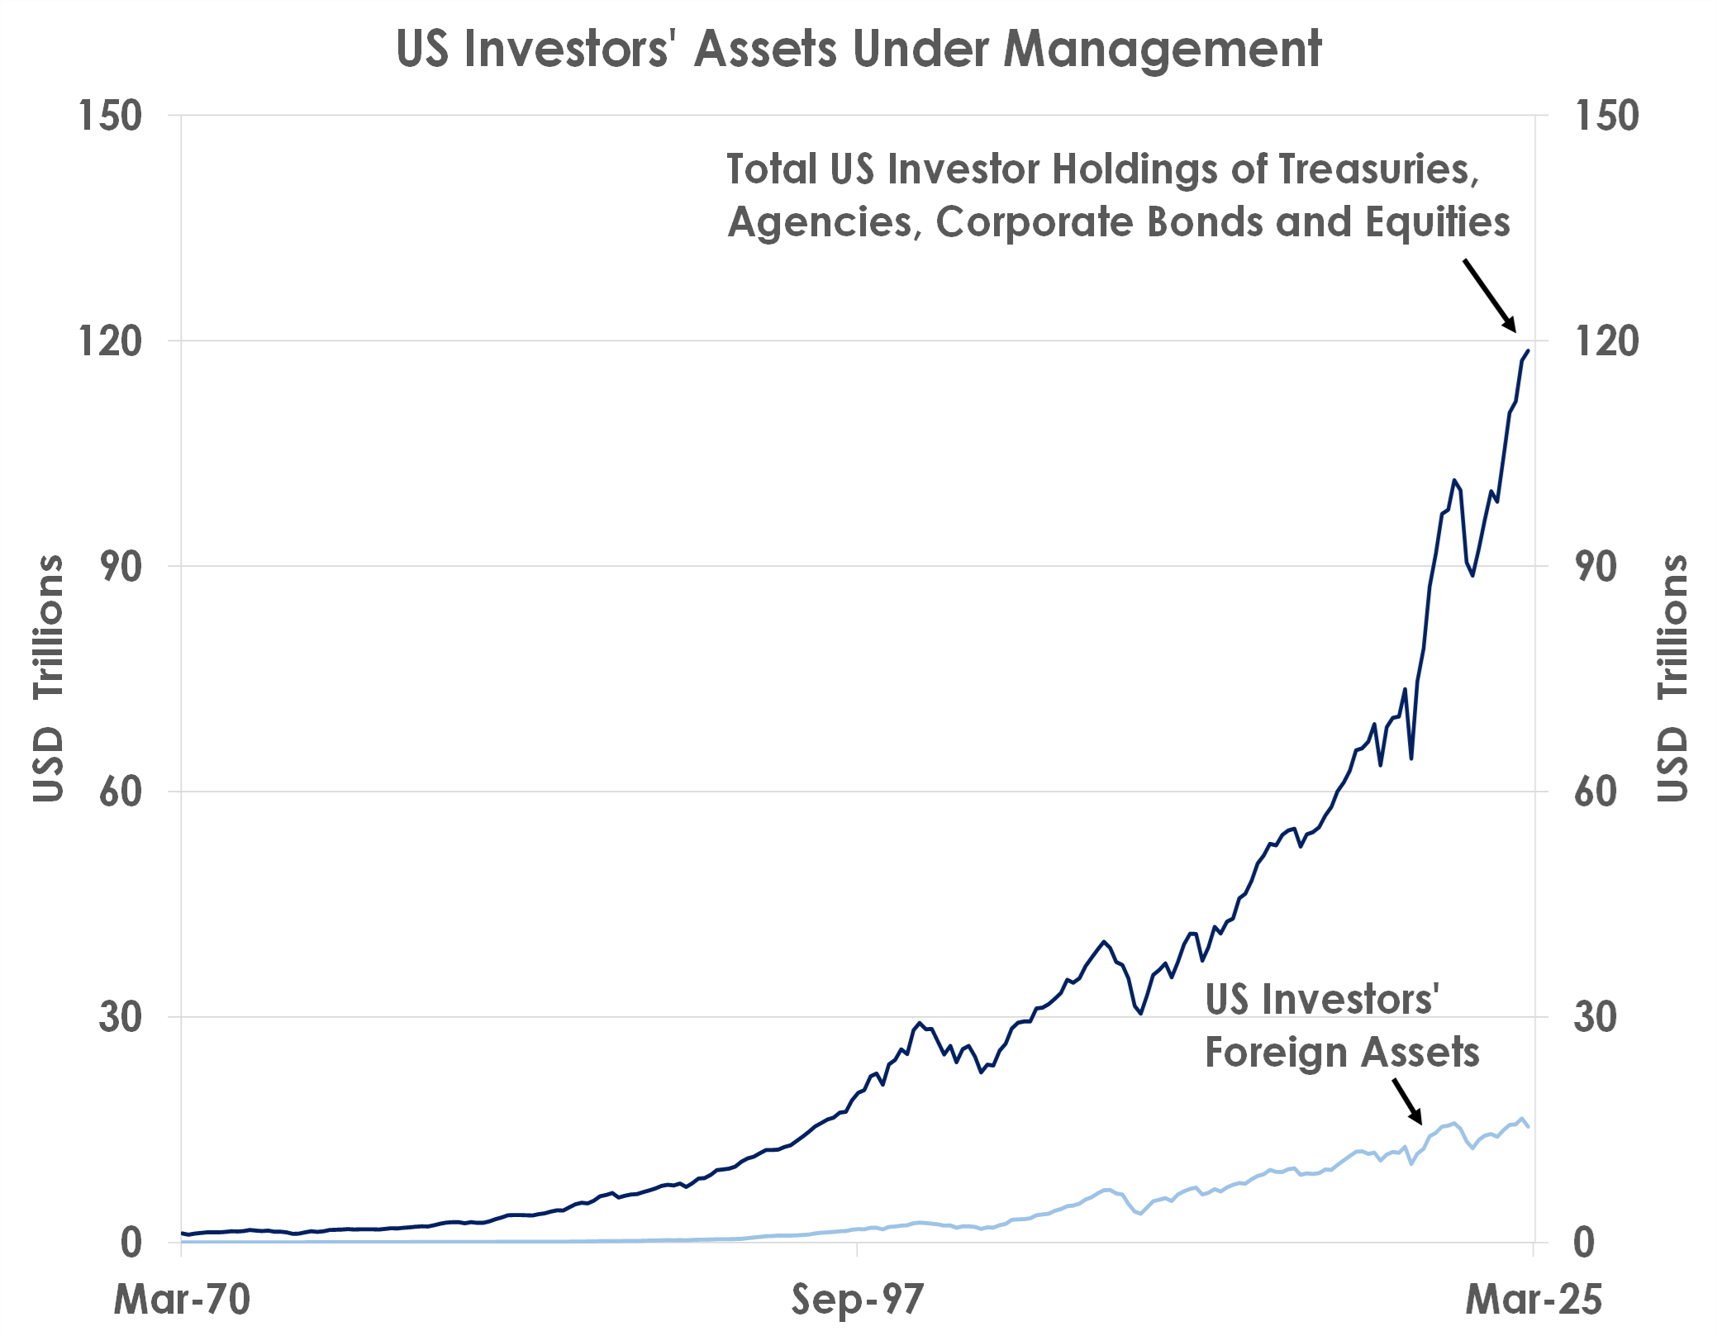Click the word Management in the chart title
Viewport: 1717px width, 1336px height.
pyautogui.click(x=1162, y=50)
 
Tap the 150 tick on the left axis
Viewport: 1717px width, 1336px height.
pyautogui.click(x=110, y=116)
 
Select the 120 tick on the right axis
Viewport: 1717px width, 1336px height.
pyautogui.click(x=1606, y=341)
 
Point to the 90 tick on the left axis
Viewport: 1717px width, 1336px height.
pyautogui.click(x=121, y=567)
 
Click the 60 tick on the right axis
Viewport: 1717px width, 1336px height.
pyautogui.click(x=1595, y=792)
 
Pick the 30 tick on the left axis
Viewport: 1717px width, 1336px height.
pyautogui.click(x=121, y=1017)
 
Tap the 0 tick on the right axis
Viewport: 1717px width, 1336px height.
pyautogui.click(x=1583, y=1243)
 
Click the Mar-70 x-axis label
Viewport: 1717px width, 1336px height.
pyautogui.click(x=182, y=1299)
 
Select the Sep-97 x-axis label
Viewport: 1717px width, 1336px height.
pyautogui.click(x=857, y=1299)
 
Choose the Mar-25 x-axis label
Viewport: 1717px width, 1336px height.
pyautogui.click(x=1533, y=1299)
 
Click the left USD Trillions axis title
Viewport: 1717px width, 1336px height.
pyautogui.click(x=48, y=678)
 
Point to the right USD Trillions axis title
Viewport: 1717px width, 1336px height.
pyautogui.click(x=1672, y=678)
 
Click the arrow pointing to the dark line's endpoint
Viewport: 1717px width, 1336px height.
pyautogui.click(x=1490, y=295)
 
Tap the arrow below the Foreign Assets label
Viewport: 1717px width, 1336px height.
pyautogui.click(x=1407, y=1101)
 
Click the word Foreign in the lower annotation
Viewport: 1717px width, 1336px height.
pyautogui.click(x=1276, y=1053)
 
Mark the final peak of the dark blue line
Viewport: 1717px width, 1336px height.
pyautogui.click(x=1528, y=351)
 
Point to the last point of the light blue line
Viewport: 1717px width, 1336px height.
pyautogui.click(x=1529, y=1127)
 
